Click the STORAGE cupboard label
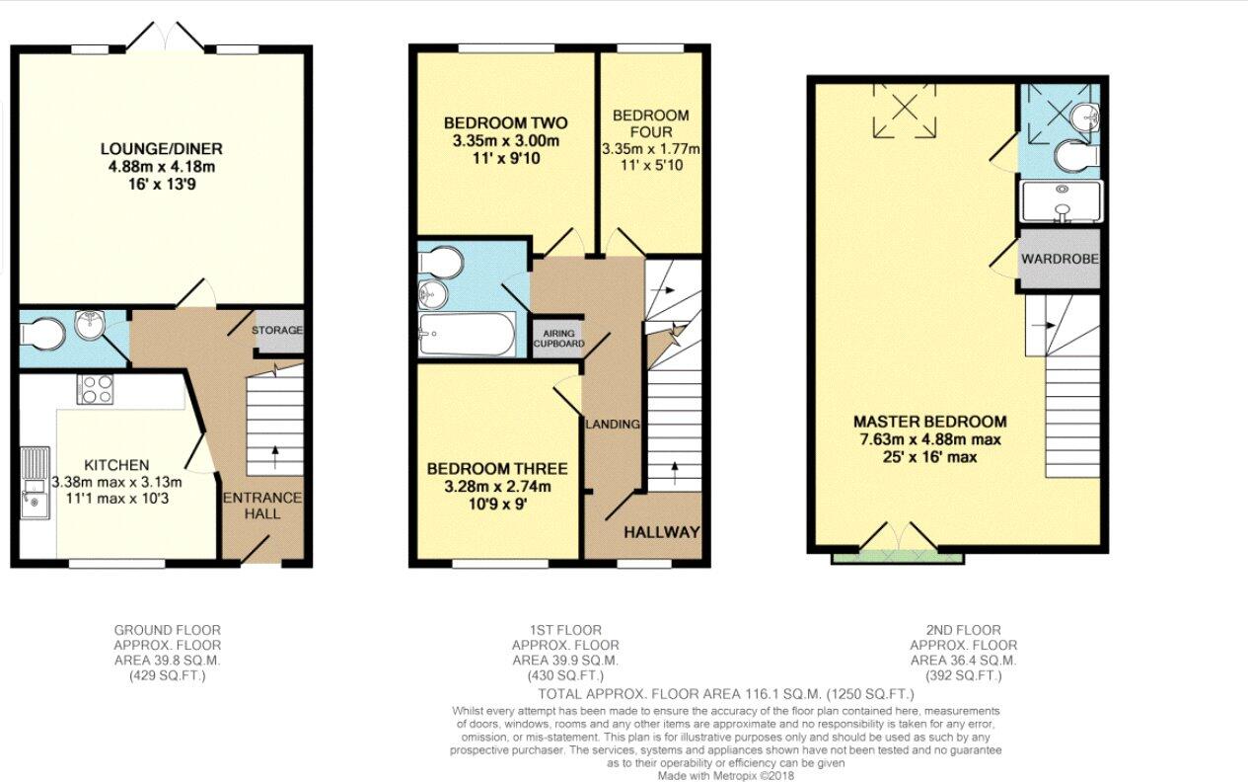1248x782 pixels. pos(277,330)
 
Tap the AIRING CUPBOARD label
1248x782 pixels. pos(558,339)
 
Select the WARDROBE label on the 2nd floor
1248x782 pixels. pos(1060,259)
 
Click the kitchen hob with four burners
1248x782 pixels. pos(96,389)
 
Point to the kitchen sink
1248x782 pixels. pos(36,483)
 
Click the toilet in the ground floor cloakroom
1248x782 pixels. pos(42,335)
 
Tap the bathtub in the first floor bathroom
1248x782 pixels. pos(467,334)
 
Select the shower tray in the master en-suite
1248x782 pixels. pos(1062,201)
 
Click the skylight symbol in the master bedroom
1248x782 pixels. pos(905,110)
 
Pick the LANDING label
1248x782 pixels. pos(613,425)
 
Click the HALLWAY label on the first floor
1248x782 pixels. pos(661,532)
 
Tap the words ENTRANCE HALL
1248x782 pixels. pos(262,506)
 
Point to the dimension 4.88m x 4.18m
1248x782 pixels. pos(162,166)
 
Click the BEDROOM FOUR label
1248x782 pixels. pos(651,123)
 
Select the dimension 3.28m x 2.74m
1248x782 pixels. pos(497,487)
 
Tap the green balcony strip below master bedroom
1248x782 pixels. pos(898,556)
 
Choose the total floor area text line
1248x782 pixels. pos(726,694)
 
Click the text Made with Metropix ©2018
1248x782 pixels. pos(726,776)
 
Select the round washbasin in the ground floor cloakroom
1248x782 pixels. pos(90,325)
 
